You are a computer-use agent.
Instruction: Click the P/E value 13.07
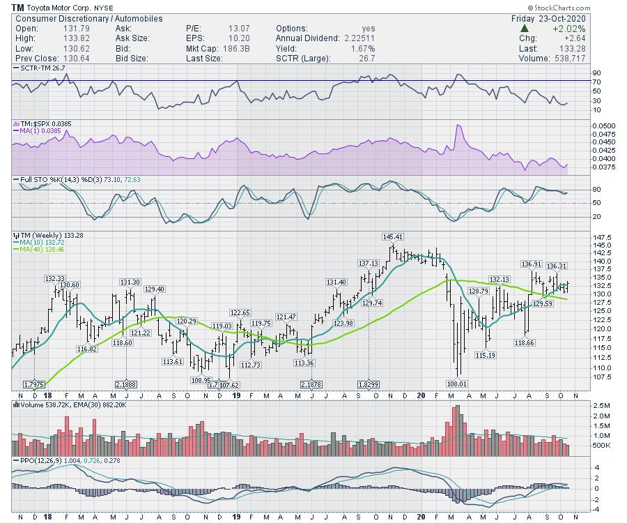[x=238, y=29]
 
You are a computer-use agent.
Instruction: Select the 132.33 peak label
[x=55, y=278]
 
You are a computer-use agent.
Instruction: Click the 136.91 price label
[x=532, y=264]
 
